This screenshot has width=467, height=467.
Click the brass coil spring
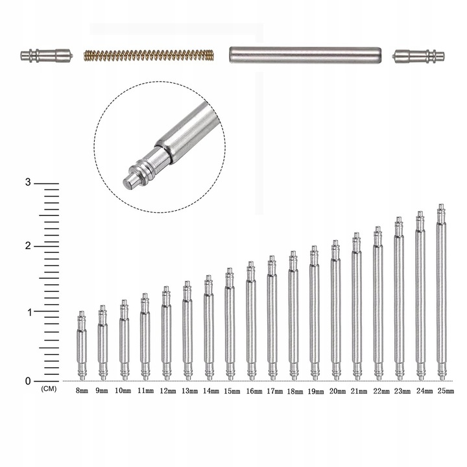point(149,55)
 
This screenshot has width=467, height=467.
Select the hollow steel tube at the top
point(305,54)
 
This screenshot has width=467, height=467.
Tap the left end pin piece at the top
point(47,55)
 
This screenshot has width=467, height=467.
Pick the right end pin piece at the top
point(418,56)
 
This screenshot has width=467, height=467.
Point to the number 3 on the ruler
point(28,182)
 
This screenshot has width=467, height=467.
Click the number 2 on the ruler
point(28,246)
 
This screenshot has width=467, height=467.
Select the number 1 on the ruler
point(29,313)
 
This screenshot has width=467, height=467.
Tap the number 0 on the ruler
point(28,381)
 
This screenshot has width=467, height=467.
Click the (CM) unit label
point(49,389)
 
